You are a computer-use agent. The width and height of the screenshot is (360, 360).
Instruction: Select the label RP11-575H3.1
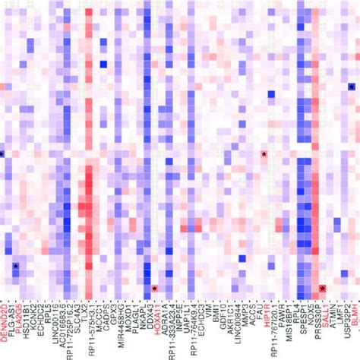click(x=91, y=326)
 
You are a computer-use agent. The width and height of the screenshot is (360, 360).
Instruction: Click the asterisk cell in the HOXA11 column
click(x=154, y=289)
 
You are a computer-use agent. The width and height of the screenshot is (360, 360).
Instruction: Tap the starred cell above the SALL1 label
click(x=323, y=289)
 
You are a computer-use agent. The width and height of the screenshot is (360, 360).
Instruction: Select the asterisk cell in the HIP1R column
click(x=264, y=154)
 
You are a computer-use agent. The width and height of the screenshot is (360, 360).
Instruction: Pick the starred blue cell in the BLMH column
click(x=352, y=87)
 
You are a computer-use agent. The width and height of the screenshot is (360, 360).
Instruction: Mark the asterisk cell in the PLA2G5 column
click(x=15, y=266)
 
